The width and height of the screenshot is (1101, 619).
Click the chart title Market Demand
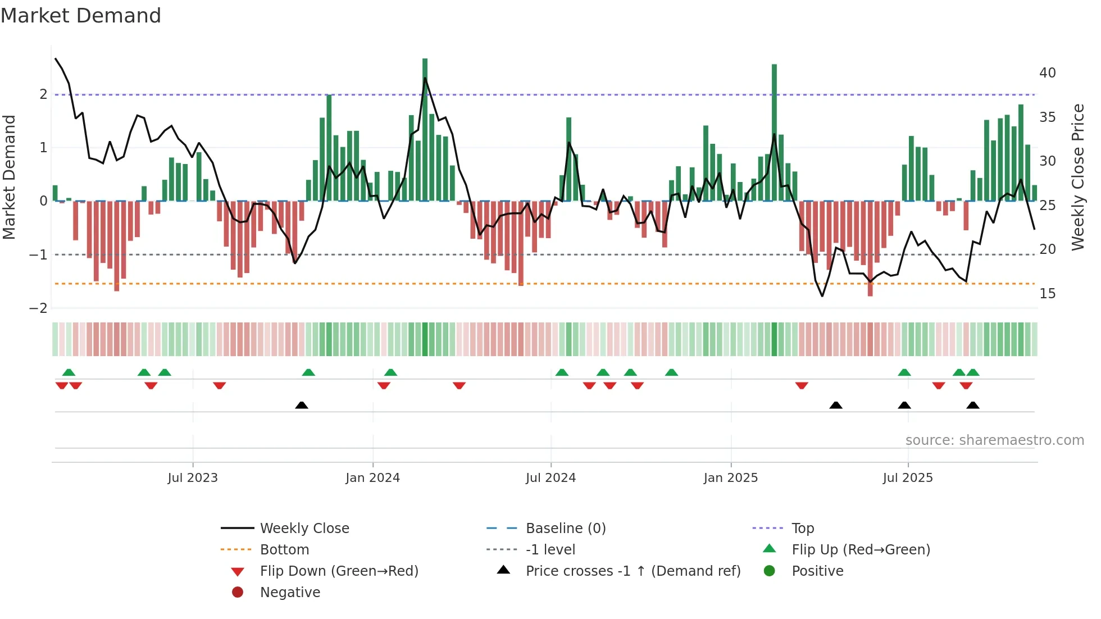click(81, 16)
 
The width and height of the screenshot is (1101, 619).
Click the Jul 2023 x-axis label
click(192, 478)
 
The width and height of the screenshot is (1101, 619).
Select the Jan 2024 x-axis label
click(372, 478)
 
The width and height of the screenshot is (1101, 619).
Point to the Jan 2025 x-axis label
click(730, 478)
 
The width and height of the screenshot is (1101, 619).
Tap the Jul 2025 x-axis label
click(907, 478)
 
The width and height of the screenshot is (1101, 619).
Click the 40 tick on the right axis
click(1047, 73)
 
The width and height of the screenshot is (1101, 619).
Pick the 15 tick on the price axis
click(1047, 294)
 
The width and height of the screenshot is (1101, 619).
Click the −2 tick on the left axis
click(38, 308)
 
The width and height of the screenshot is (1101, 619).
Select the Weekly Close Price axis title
click(1077, 177)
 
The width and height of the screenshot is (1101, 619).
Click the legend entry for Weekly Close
click(304, 529)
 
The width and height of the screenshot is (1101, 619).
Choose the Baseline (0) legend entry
click(565, 529)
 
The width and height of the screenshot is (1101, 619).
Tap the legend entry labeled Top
click(802, 529)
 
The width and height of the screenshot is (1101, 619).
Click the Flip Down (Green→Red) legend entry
click(339, 571)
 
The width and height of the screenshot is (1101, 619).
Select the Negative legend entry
click(290, 593)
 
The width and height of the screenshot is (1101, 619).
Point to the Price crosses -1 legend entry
click(633, 571)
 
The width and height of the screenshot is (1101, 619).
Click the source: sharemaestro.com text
click(994, 440)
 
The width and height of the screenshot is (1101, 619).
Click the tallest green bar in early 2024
click(425, 129)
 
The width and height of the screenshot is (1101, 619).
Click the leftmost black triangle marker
click(302, 405)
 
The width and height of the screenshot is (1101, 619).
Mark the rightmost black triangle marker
click(973, 405)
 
